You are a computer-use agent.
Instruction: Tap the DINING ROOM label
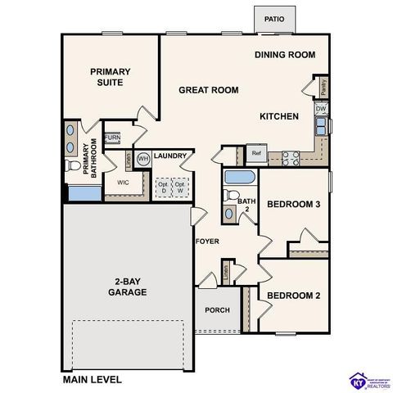(x=284, y=55)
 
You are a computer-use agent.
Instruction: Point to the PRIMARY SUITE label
(x=111, y=77)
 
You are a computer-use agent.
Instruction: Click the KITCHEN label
(x=279, y=116)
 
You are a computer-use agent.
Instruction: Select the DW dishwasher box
(x=321, y=108)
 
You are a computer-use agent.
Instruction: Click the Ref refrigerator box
(x=256, y=153)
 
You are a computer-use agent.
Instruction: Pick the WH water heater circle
(x=143, y=158)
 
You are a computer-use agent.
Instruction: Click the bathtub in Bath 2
(x=240, y=178)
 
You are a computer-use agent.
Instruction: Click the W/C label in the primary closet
(x=123, y=183)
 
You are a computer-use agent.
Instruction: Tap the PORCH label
(x=217, y=310)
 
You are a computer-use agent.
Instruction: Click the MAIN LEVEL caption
(x=93, y=379)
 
